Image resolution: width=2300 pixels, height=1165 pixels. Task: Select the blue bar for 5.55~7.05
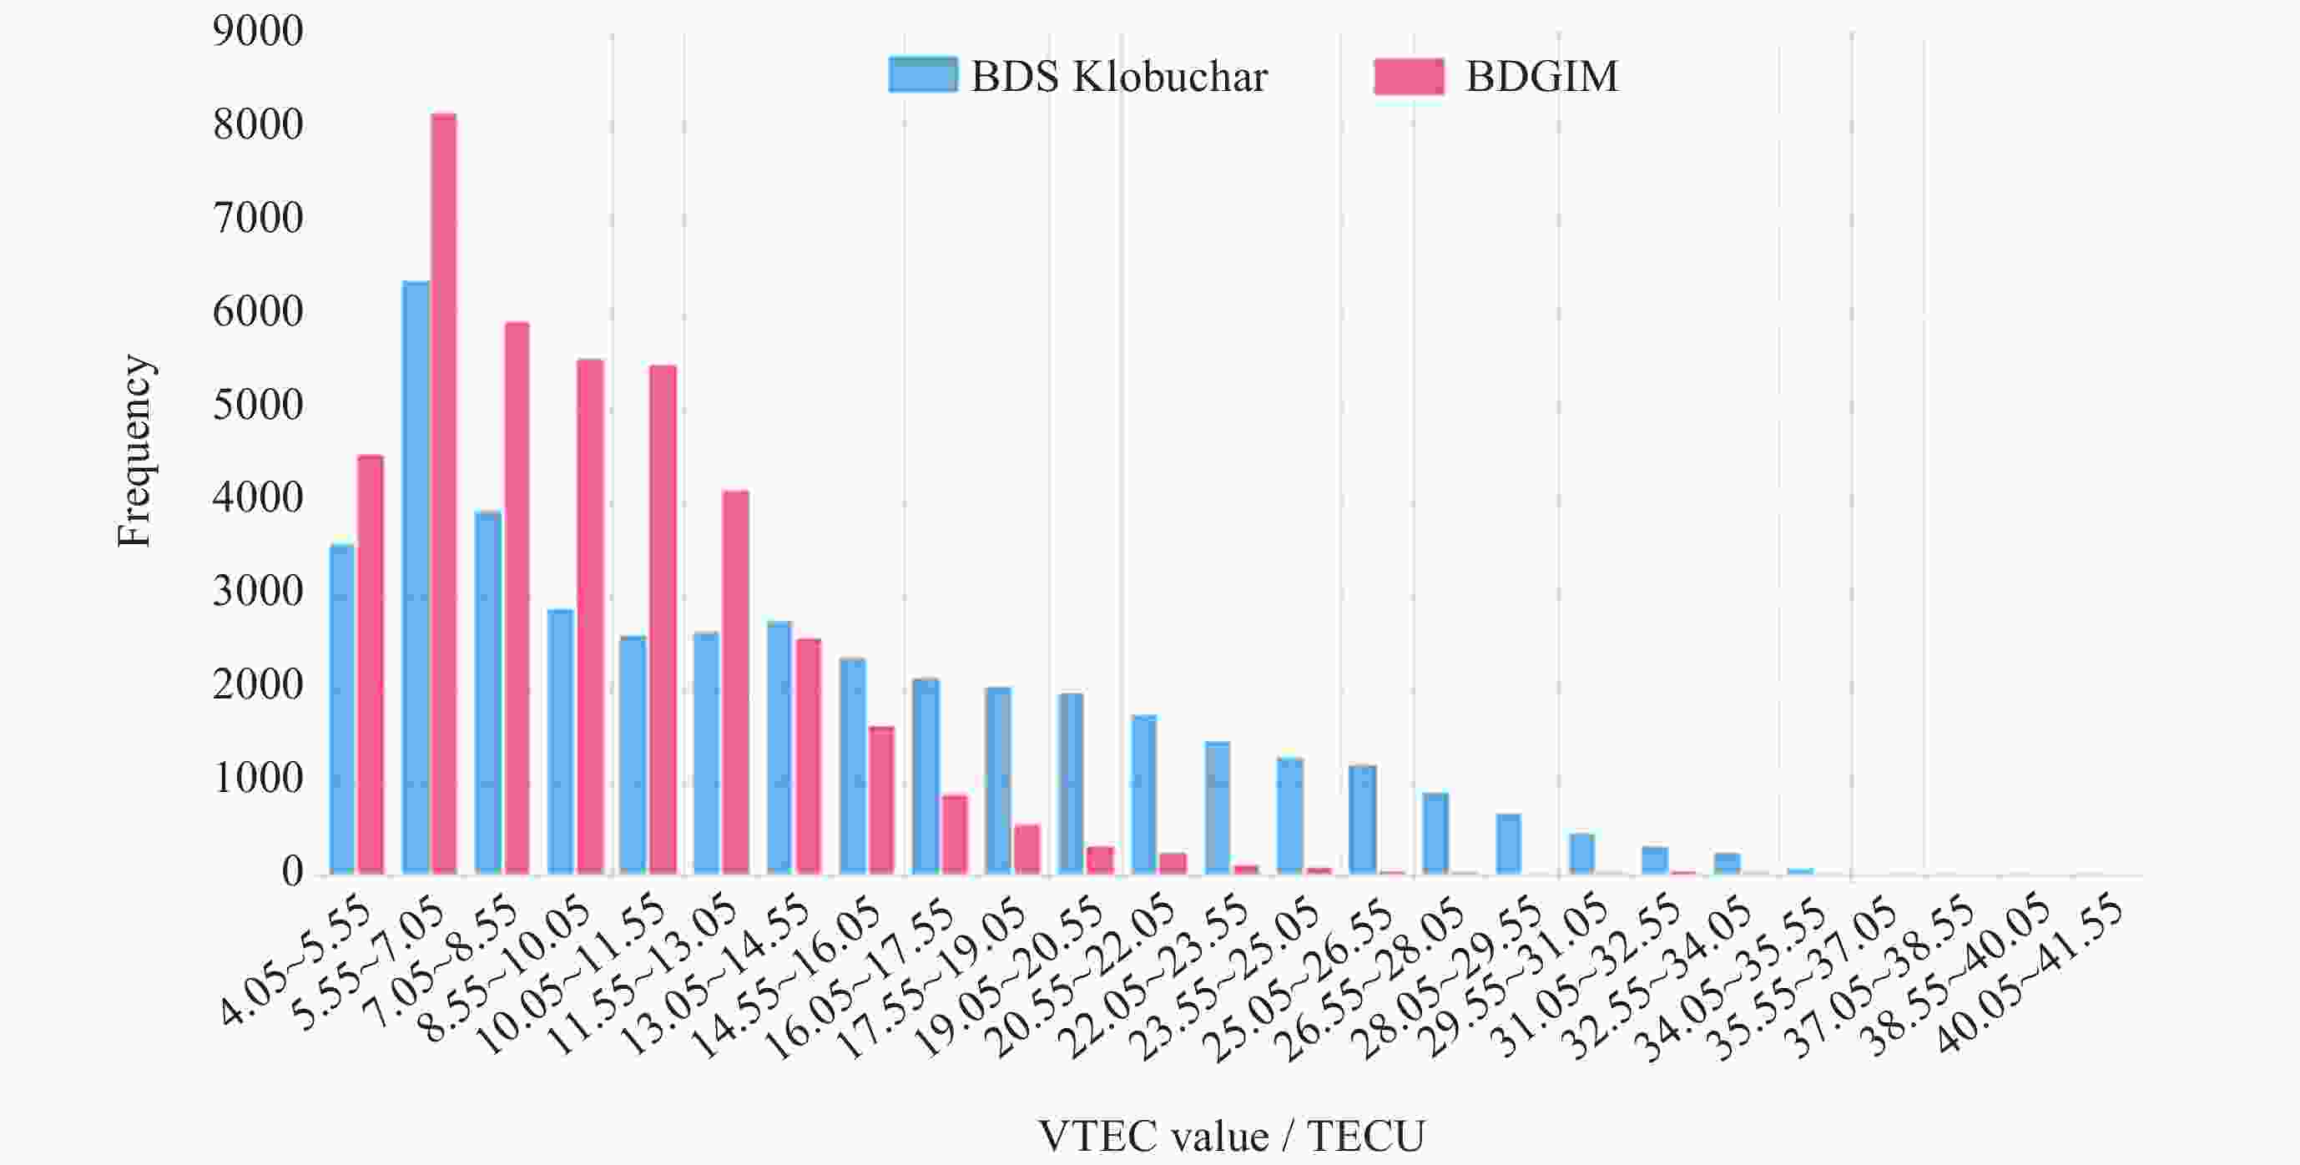[415, 577]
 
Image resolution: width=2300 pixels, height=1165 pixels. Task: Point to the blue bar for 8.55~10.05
[561, 741]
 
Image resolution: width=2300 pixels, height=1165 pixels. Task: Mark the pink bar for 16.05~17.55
[954, 834]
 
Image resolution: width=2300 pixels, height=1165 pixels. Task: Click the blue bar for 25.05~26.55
[1363, 819]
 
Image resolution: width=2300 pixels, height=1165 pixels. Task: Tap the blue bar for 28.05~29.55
[1509, 843]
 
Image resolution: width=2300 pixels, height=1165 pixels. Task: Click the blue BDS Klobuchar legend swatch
[922, 76]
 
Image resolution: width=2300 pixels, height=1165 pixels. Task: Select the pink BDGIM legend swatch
[1408, 77]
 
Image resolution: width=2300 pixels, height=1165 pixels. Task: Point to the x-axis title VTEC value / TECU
[1231, 1137]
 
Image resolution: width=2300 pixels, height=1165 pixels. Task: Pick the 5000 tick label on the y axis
[258, 406]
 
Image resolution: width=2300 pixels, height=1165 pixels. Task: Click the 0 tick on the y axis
[292, 872]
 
